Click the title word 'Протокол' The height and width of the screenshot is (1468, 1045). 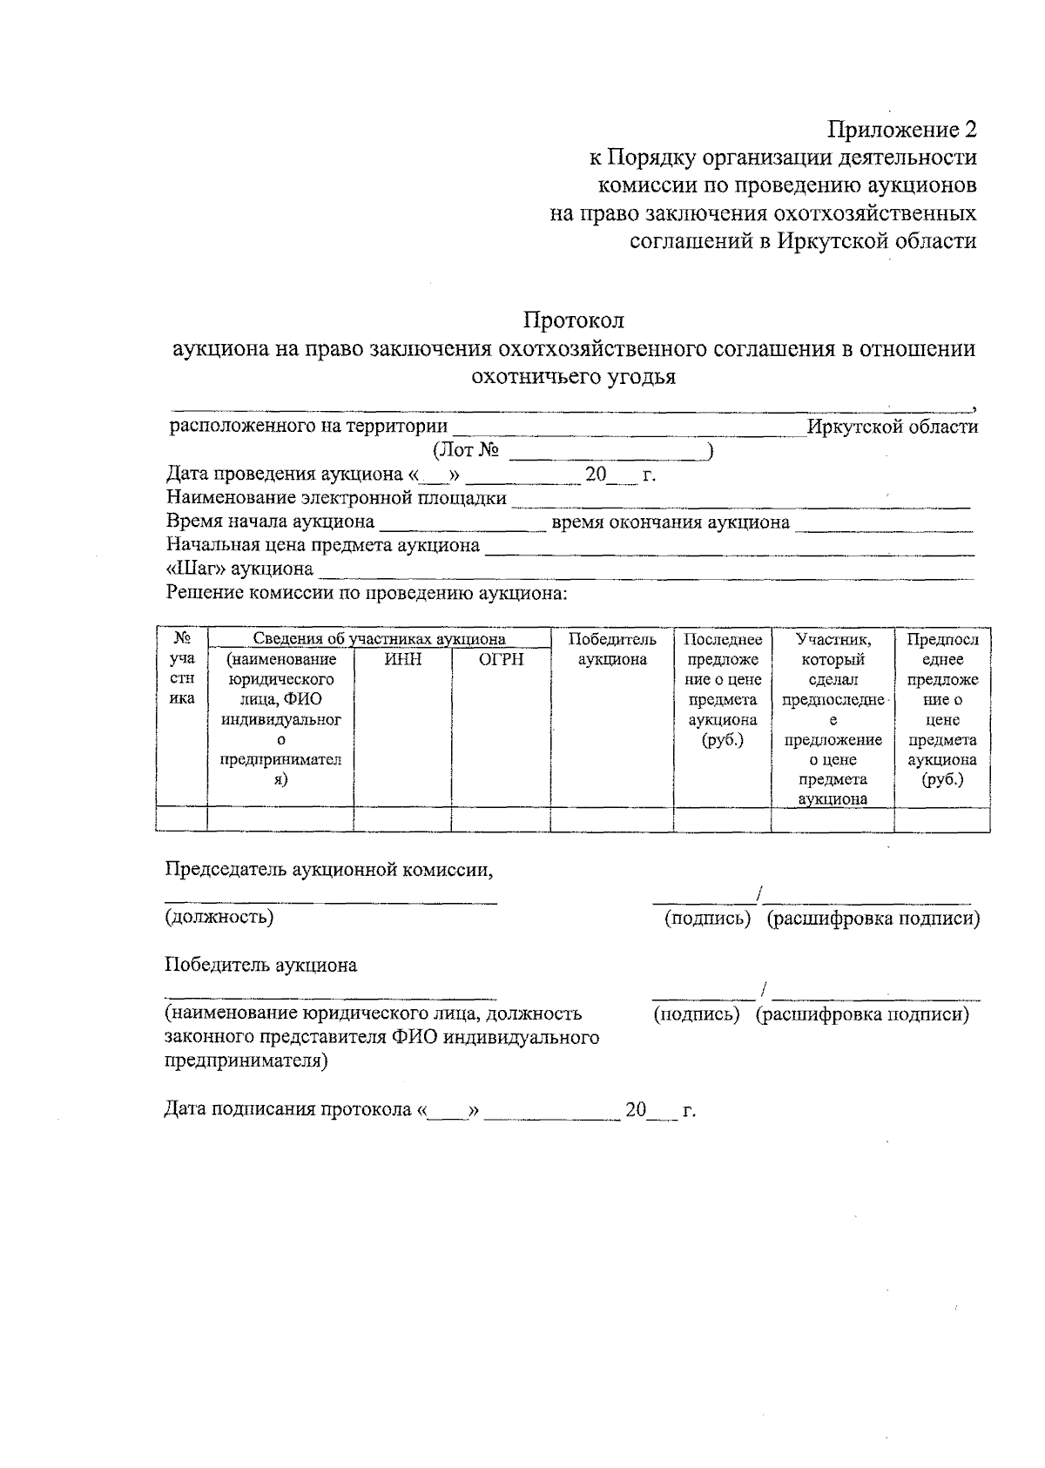(574, 320)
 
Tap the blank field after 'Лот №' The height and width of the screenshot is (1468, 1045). (608, 451)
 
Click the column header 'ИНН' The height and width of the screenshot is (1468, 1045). (402, 659)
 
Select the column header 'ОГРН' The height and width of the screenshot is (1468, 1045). (501, 659)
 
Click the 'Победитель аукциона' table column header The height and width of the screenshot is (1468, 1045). (612, 650)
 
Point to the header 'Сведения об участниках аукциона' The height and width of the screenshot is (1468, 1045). (379, 639)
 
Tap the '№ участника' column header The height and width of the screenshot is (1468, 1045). (182, 669)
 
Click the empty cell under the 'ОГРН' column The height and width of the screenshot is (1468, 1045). (501, 819)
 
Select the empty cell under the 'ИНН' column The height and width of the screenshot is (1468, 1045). (402, 819)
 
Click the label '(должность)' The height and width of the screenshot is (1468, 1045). (219, 917)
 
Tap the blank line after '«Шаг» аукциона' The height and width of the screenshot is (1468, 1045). (646, 571)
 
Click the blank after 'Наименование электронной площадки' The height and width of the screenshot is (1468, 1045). (740, 500)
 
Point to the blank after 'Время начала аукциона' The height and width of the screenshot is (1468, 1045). (462, 523)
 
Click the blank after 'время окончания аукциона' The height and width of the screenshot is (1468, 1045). (884, 523)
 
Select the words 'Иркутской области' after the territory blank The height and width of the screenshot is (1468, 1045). (892, 427)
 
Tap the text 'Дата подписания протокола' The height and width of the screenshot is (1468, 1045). (287, 1110)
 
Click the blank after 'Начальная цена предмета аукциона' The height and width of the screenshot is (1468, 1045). (729, 547)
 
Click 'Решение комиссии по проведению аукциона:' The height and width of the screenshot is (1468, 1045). (367, 594)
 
